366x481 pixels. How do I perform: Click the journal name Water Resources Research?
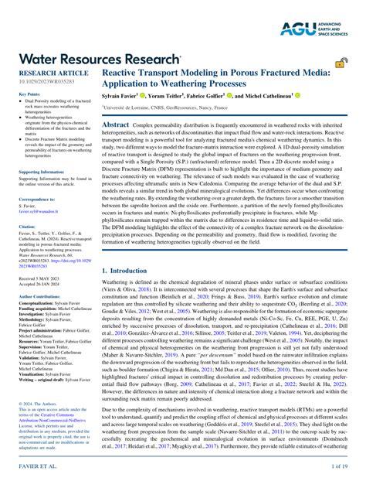click(x=100, y=59)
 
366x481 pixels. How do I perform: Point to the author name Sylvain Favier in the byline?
click(x=126, y=96)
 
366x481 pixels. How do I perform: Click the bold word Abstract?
click(x=116, y=125)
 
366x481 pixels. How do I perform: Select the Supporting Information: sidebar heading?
click(x=41, y=172)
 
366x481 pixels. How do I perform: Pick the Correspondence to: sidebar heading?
click(x=38, y=200)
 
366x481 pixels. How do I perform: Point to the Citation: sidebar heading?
click(x=27, y=227)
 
